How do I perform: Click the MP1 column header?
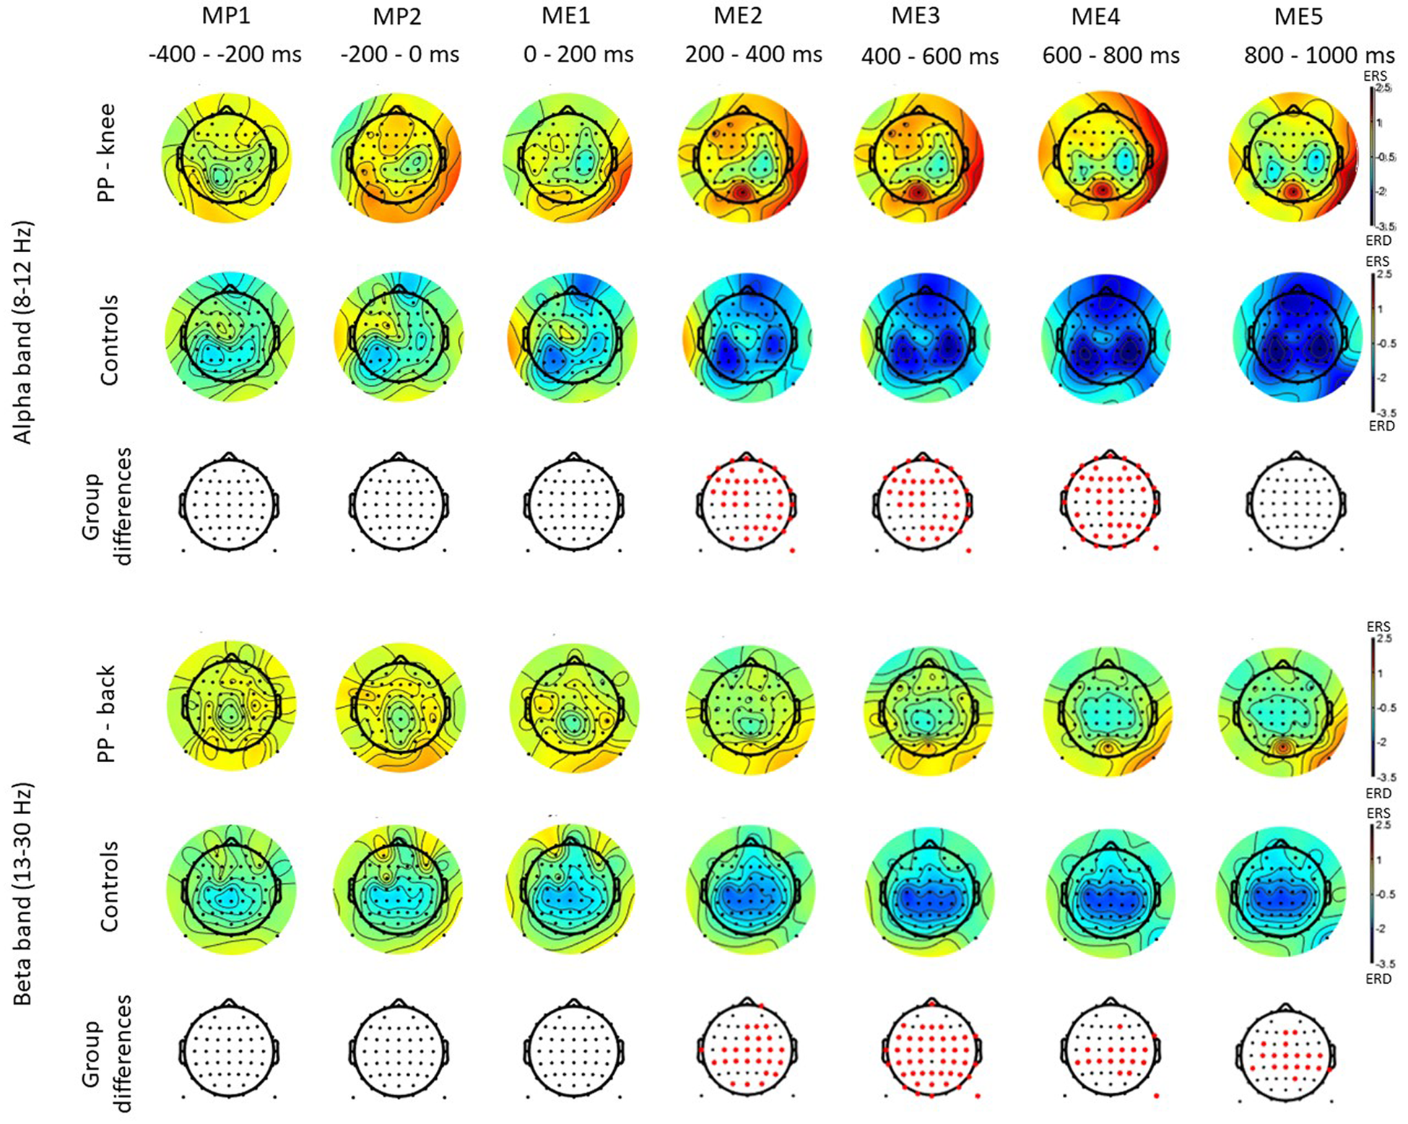coord(226,17)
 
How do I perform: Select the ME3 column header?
coord(916,17)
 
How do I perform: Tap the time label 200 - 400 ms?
coord(754,54)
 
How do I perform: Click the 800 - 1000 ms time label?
coord(1319,56)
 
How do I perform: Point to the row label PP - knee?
coord(107,153)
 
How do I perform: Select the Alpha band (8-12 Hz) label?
coord(23,332)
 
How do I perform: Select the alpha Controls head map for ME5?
coord(1298,337)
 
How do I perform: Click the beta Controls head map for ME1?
coord(574,894)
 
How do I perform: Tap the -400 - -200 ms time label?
coord(225,54)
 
